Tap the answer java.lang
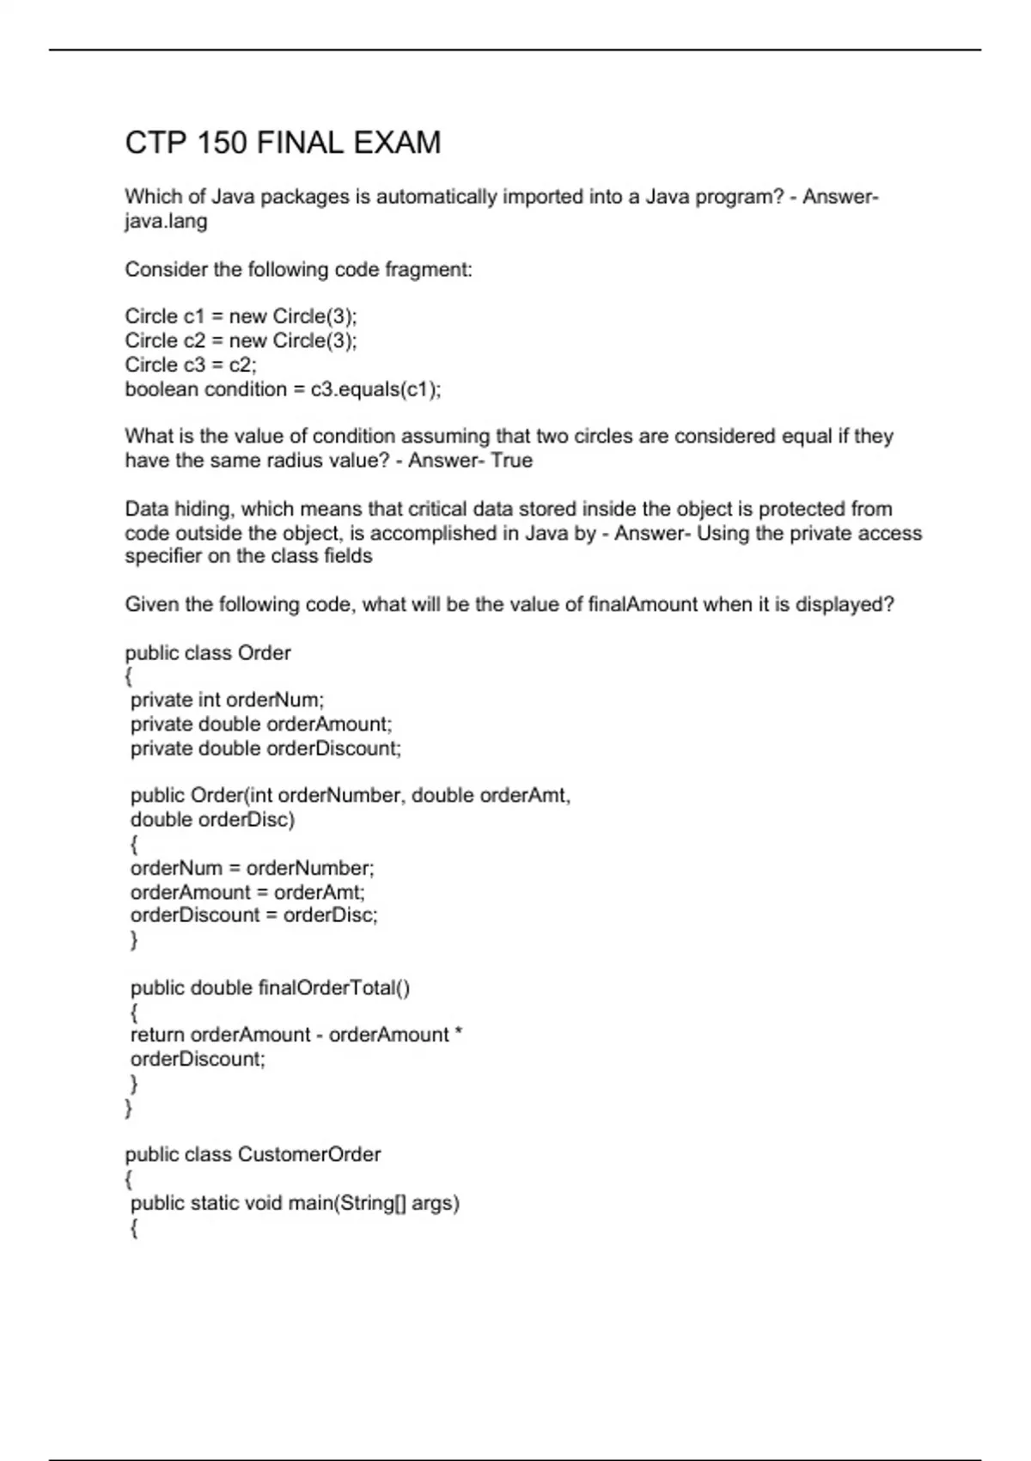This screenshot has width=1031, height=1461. [166, 222]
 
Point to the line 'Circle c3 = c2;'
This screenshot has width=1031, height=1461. [191, 364]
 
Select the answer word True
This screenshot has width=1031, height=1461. [512, 461]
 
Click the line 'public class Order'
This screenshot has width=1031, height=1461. [208, 653]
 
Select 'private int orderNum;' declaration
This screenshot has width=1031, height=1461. [228, 700]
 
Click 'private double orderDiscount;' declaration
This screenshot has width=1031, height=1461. [265, 749]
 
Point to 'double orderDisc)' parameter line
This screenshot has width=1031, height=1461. [212, 820]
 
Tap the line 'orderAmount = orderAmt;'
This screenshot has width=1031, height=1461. [247, 892]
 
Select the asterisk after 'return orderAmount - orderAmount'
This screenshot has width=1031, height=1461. [458, 1033]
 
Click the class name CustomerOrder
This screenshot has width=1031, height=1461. [309, 1154]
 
